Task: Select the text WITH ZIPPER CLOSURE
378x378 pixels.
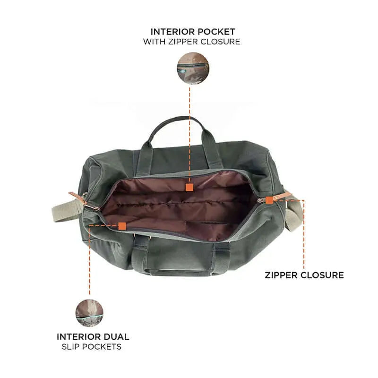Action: pos(191,42)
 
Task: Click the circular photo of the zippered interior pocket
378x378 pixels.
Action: pos(193,68)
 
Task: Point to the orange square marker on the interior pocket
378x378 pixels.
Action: pos(189,187)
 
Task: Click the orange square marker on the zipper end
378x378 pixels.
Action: pos(269,200)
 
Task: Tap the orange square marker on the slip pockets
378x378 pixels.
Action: pos(122,226)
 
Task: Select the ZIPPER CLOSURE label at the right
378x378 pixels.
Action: pos(304,275)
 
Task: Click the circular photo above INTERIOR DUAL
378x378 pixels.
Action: pos(89,313)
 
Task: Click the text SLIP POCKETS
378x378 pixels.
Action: pos(92,347)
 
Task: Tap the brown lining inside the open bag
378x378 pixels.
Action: pos(180,203)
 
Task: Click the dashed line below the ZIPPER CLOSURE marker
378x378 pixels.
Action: pos(304,236)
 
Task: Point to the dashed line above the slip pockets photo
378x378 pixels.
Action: pos(89,265)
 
